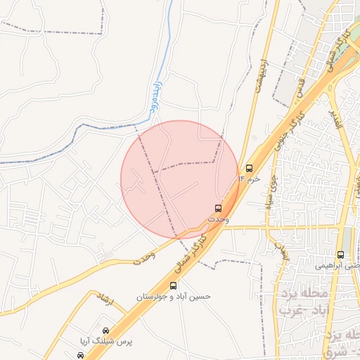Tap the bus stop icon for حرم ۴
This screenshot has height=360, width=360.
(x=249, y=168)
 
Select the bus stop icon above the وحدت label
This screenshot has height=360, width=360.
(x=218, y=208)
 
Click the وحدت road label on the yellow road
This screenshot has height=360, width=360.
(x=145, y=256)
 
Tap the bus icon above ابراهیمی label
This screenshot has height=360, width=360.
(x=341, y=255)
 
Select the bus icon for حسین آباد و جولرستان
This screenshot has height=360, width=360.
(x=174, y=285)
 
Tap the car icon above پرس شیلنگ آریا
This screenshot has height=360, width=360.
(x=105, y=330)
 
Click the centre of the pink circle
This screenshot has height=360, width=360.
(x=180, y=180)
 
